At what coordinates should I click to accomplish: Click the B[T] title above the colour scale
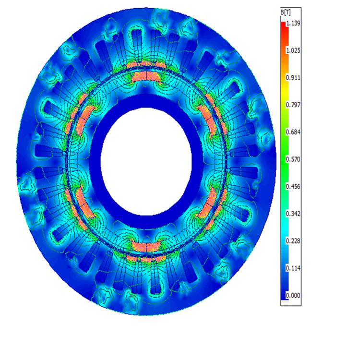(x=286, y=13)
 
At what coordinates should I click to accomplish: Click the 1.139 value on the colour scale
(x=293, y=23)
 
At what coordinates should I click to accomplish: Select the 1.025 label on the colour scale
(x=293, y=50)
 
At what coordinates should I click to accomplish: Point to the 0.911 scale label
(x=293, y=78)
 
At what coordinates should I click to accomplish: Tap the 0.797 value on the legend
(x=293, y=105)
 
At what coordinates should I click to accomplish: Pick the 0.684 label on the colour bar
(x=293, y=132)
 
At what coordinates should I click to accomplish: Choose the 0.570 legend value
(x=293, y=159)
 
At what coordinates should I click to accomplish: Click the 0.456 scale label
(x=293, y=186)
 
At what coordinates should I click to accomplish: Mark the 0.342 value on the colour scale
(x=293, y=214)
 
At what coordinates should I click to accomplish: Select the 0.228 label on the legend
(x=293, y=241)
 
